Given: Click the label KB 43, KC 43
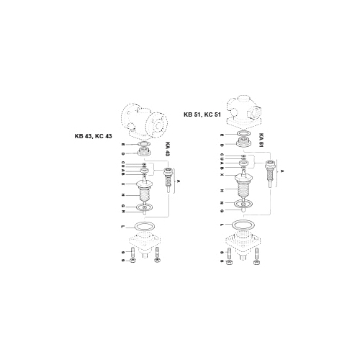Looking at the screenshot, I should pyautogui.click(x=94, y=137).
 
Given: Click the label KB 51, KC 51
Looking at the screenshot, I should pyautogui.click(x=203, y=114).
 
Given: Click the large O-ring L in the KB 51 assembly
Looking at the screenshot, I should pyautogui.click(x=245, y=225).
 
